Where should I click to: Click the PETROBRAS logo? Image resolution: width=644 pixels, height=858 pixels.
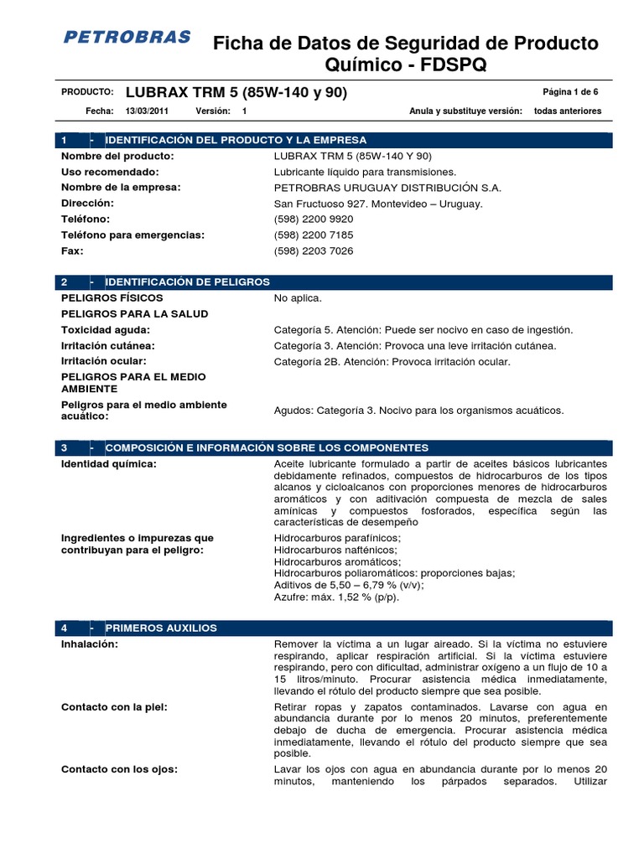127,38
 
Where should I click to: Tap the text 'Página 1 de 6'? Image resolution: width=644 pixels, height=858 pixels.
570,92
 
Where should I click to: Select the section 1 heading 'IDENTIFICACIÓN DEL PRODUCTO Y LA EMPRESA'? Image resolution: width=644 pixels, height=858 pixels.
236,140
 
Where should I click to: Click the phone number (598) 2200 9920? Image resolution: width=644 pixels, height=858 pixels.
314,220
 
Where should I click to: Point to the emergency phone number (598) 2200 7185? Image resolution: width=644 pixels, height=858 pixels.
314,235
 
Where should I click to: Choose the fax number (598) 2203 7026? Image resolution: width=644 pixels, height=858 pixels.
314,251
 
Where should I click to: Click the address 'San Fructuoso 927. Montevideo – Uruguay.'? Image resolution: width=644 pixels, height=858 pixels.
378,204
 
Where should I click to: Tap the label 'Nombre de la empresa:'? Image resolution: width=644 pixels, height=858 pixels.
121,188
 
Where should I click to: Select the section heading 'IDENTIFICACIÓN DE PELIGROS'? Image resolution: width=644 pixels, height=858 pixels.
188,282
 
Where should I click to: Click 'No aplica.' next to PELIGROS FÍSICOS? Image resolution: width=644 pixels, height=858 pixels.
298,298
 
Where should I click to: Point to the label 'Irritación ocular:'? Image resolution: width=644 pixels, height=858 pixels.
107,361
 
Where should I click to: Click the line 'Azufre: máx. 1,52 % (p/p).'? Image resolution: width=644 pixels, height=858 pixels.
336,597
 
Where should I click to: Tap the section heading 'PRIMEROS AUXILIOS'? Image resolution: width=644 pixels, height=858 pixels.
161,628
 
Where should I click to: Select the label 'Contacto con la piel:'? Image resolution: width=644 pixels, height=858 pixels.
114,707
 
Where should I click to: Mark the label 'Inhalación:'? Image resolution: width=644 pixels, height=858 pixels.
90,643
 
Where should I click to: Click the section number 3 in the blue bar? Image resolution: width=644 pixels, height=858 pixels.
65,448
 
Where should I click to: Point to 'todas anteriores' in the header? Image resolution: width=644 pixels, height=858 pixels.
568,111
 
